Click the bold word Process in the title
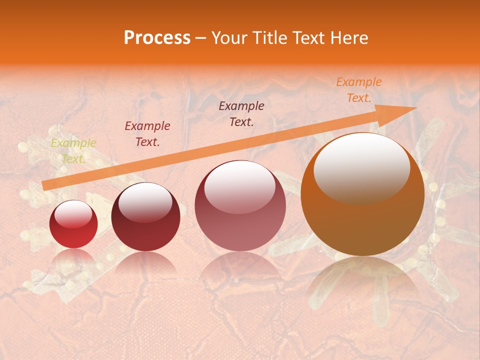click(x=157, y=38)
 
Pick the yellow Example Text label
click(x=73, y=151)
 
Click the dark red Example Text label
click(x=147, y=134)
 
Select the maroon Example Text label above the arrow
click(x=241, y=113)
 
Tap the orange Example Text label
click(x=358, y=90)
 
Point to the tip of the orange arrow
click(x=415, y=108)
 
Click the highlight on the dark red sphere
click(x=145, y=200)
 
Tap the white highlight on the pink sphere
click(x=239, y=186)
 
